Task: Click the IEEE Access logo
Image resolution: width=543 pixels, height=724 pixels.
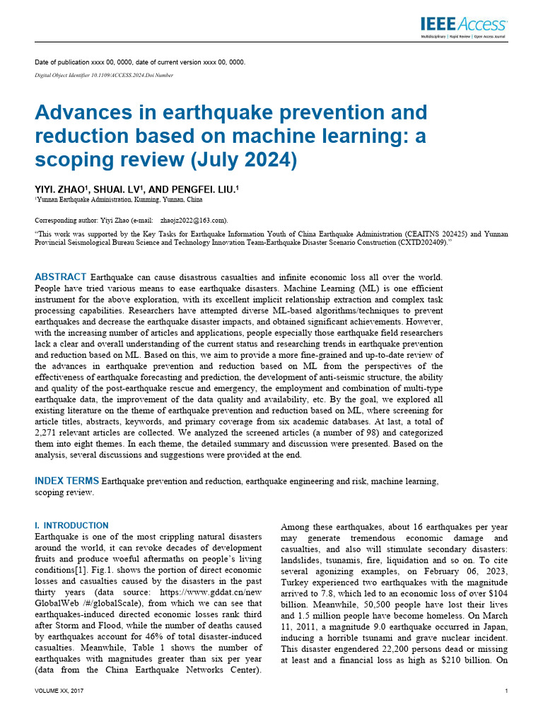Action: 463,25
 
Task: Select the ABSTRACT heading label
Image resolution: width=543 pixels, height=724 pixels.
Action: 61,276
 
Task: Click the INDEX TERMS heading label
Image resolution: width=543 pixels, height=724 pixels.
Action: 67,481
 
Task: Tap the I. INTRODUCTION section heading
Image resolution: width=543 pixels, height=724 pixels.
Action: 71,525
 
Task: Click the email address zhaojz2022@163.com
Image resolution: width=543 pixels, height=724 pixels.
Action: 193,220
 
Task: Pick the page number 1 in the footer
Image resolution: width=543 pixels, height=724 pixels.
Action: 507,690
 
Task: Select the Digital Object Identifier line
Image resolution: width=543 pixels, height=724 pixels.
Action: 104,75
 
